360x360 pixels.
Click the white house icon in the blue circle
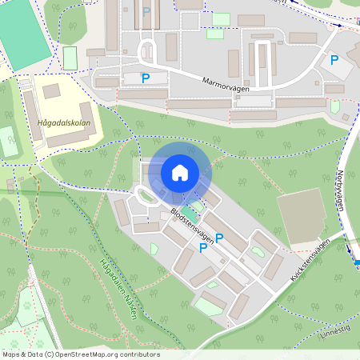pyautogui.click(x=179, y=173)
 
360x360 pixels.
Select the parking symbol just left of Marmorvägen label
pyautogui.click(x=146, y=78)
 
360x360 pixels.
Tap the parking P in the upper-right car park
pyautogui.click(x=334, y=60)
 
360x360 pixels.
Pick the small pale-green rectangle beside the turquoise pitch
pyautogui.click(x=70, y=58)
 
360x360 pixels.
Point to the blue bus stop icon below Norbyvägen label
pyautogui.click(x=357, y=262)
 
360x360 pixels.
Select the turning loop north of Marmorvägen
pyautogui.click(x=148, y=54)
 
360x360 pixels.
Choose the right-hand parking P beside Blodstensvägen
pyautogui.click(x=219, y=238)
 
